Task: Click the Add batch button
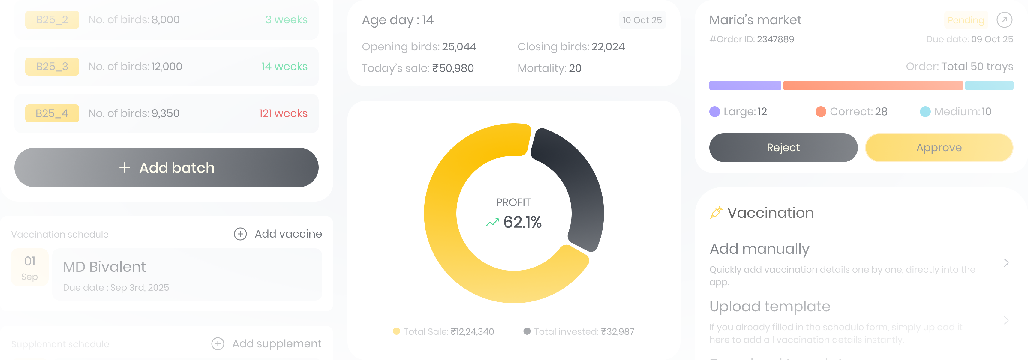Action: tap(167, 168)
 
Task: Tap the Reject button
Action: tap(783, 148)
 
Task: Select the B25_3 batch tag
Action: tap(52, 67)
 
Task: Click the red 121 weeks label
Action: tap(283, 113)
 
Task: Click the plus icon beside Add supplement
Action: tap(218, 343)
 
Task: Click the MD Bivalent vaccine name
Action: tap(104, 267)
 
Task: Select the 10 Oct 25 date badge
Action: tap(642, 20)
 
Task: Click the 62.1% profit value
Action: tap(522, 222)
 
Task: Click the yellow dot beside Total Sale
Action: tap(396, 331)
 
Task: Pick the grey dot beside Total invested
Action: tap(527, 331)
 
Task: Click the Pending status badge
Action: tap(966, 20)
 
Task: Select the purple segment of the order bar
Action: tap(745, 85)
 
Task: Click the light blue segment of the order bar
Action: tap(989, 85)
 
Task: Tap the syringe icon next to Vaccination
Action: tap(716, 212)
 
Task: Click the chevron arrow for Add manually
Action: tap(1006, 262)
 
